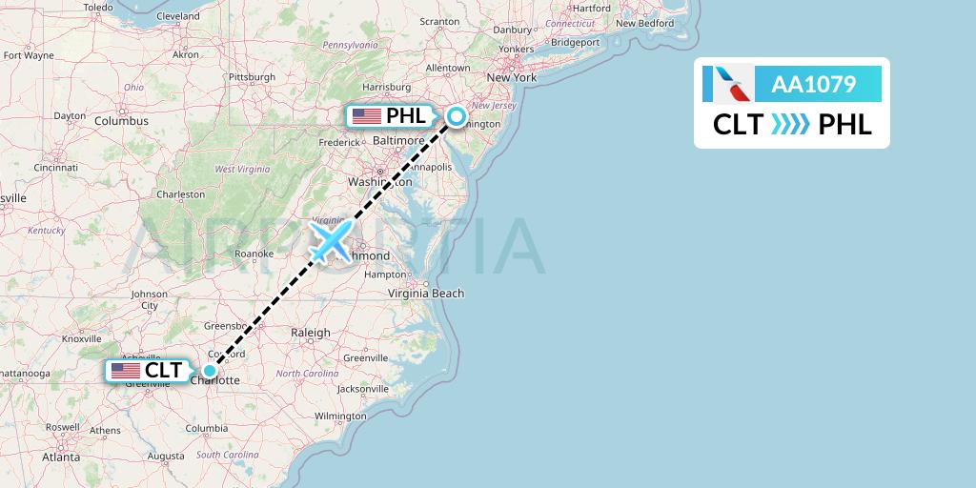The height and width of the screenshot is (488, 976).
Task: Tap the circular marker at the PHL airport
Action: (457, 116)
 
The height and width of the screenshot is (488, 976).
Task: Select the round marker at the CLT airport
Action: (210, 371)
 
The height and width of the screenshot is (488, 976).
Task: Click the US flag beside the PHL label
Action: (367, 116)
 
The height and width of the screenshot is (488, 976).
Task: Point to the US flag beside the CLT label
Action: (125, 371)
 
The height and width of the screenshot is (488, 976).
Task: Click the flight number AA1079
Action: (813, 85)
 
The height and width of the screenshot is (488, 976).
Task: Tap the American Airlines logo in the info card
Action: (728, 84)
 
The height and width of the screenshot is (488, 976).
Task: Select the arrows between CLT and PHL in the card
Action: (790, 124)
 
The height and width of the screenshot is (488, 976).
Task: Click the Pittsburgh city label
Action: (252, 77)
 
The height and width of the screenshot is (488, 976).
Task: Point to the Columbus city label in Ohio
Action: (121, 121)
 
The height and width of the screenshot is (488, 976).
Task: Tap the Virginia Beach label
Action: (425, 293)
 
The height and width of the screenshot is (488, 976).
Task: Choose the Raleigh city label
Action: (310, 333)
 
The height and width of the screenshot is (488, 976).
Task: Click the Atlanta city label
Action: (61, 457)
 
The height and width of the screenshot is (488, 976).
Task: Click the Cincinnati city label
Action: (55, 167)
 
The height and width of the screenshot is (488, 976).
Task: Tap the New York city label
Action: (512, 77)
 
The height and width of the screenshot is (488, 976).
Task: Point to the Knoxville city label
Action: (81, 338)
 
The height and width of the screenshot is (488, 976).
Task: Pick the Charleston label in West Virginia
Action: (181, 194)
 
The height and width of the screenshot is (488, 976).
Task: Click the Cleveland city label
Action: (177, 16)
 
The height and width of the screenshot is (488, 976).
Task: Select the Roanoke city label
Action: (254, 254)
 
